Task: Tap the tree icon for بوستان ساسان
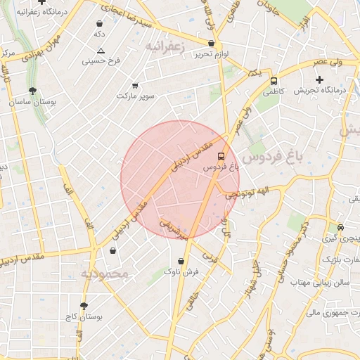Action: (32, 91)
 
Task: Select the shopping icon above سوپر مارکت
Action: (135, 85)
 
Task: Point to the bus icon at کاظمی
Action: (274, 80)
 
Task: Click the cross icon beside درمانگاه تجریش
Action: (321, 79)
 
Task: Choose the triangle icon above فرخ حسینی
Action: (101, 51)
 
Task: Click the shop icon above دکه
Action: (99, 23)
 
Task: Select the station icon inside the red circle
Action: (221, 155)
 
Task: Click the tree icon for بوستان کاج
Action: (84, 306)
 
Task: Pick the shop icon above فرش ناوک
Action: (181, 262)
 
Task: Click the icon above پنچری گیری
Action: (340, 227)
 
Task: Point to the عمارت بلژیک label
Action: (342, 259)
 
